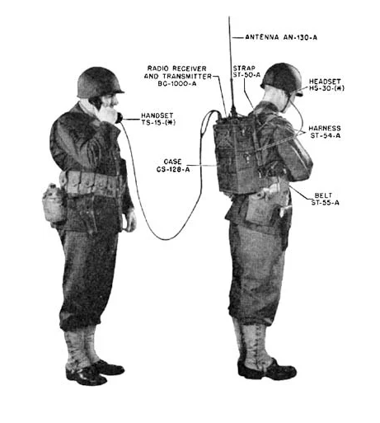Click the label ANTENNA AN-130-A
click(x=281, y=37)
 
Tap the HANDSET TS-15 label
click(x=158, y=119)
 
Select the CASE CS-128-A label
click(x=173, y=166)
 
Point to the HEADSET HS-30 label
click(x=326, y=85)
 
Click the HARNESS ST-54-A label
click(x=325, y=132)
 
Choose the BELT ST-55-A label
click(x=325, y=199)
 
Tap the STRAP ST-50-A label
click(x=246, y=72)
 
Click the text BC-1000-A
click(x=177, y=84)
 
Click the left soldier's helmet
click(x=99, y=82)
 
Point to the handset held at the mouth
click(x=119, y=118)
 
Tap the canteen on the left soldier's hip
click(x=54, y=203)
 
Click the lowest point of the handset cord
click(x=167, y=239)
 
